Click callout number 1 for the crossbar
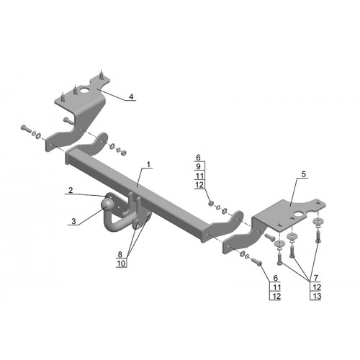coord(148,165)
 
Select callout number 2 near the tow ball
coord(71,190)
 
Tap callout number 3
coord(73,221)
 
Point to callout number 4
coord(131,96)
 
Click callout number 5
coord(304,174)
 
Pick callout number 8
coord(120,254)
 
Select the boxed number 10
coord(121,264)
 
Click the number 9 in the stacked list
coord(198,166)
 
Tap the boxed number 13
coord(317,296)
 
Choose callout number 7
coord(316,278)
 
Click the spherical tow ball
coord(107,205)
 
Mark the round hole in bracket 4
coord(85,91)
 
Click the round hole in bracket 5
coord(299,214)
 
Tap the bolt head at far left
coord(23,127)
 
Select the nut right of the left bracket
coord(123,153)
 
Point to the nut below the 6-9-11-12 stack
coord(211,204)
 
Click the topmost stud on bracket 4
coord(102,73)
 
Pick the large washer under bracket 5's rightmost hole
coord(318,221)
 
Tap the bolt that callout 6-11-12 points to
coord(256,261)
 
